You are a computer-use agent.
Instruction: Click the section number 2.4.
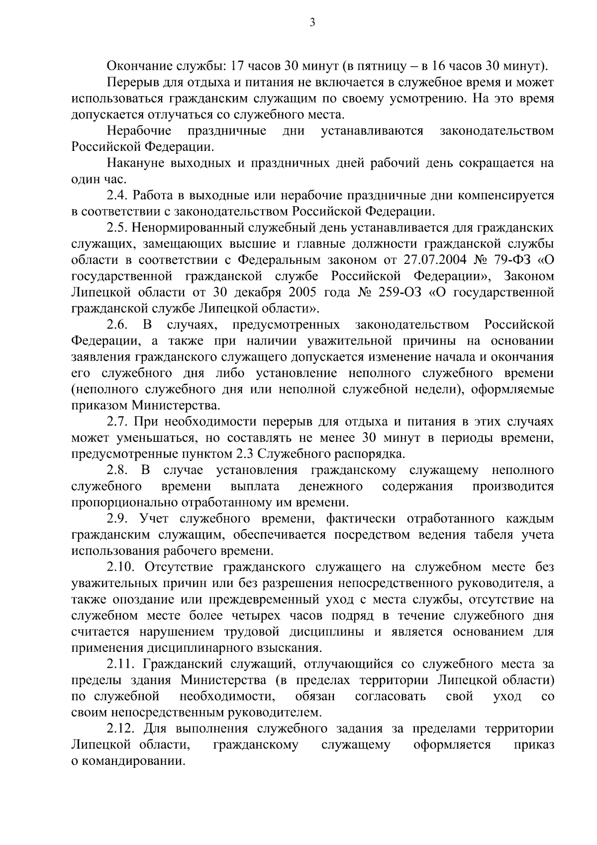tap(116, 196)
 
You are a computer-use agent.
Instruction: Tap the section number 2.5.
tap(116, 228)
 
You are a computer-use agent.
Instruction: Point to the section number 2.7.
tap(116, 422)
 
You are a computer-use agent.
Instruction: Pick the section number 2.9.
tap(117, 519)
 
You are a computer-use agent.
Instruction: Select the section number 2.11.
tap(120, 664)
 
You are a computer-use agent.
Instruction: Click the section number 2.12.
tap(120, 729)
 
